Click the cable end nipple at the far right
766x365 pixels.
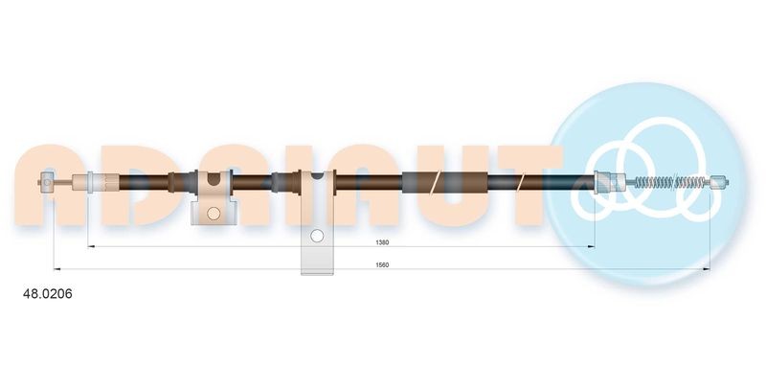click(x=721, y=180)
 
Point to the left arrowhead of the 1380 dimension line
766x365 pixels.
click(x=92, y=246)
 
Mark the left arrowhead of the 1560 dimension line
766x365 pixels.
click(x=56, y=269)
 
